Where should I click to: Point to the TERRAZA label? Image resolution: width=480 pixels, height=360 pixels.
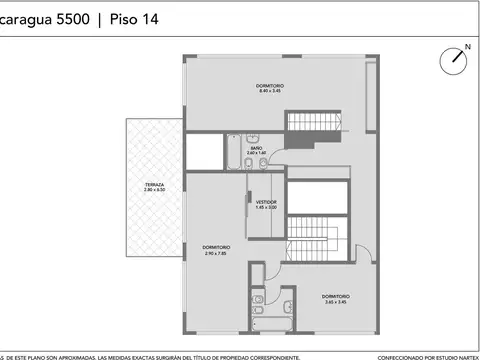[154, 185]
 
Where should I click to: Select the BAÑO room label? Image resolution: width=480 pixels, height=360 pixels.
[257, 148]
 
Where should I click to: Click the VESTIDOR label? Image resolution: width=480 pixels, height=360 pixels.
[265, 201]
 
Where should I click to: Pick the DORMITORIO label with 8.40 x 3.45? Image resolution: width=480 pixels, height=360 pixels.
[271, 86]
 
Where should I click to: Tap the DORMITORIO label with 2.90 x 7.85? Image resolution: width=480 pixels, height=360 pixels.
[216, 247]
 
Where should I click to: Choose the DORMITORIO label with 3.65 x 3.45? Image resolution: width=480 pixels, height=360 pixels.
[336, 296]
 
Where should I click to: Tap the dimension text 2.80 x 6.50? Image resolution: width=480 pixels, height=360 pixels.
[154, 191]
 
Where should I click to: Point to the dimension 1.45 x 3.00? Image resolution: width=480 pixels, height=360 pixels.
[265, 207]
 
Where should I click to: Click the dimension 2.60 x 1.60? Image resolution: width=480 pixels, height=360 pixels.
[257, 153]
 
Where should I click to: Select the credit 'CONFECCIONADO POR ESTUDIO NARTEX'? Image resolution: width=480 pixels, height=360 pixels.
[427, 355]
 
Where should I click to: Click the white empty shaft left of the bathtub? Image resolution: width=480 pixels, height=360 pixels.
[204, 152]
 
